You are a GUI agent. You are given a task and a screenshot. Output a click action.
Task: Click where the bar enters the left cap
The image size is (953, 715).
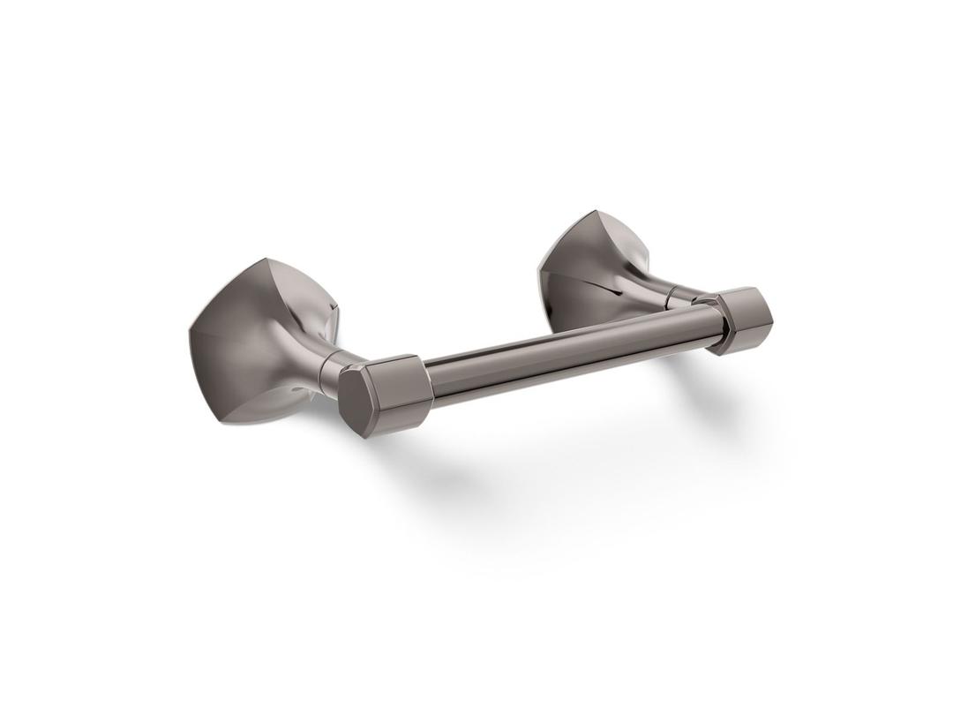425,376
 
